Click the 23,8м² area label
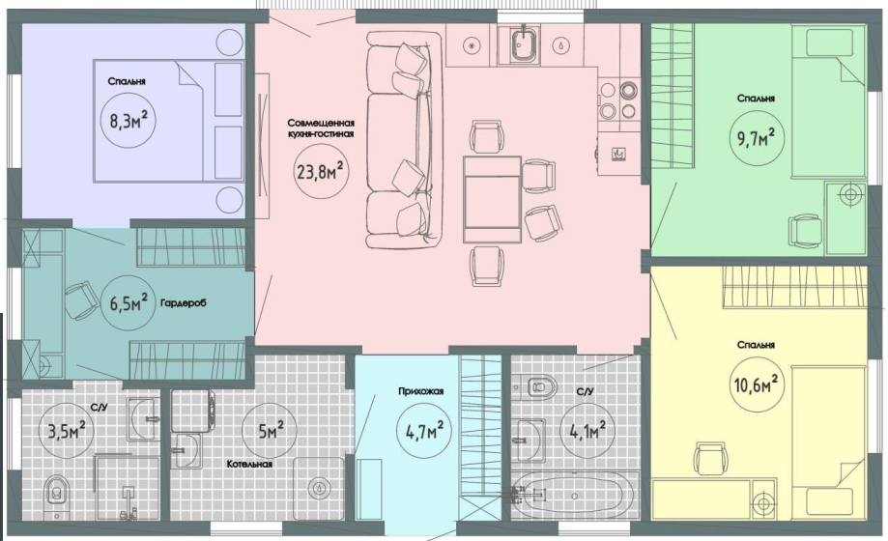(321, 172)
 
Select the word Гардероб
(183, 302)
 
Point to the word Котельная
(249, 464)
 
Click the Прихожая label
(420, 391)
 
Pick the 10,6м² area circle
(758, 387)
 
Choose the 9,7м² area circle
(757, 136)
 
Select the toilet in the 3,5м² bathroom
(56, 493)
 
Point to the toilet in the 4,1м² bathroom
(540, 387)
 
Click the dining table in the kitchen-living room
(492, 199)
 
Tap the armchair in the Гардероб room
(83, 299)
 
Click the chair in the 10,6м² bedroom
(711, 460)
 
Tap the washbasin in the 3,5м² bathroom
(140, 418)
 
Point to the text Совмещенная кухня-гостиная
(321, 128)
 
